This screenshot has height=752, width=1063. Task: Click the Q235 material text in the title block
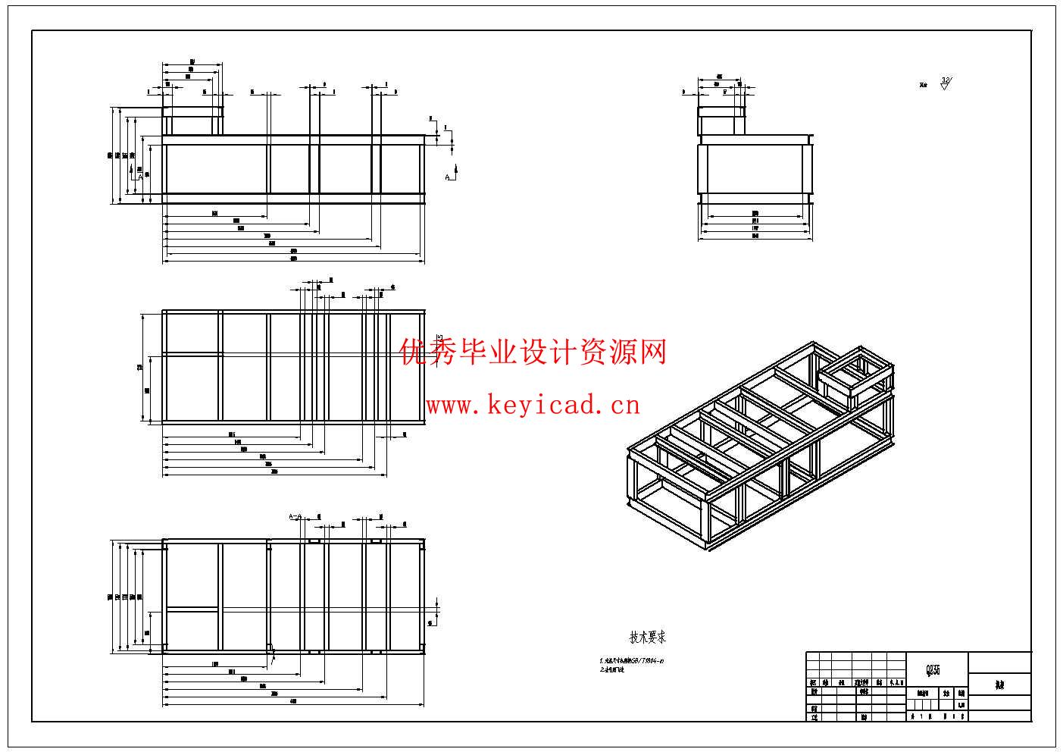click(933, 670)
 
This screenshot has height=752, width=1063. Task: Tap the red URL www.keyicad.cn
click(533, 406)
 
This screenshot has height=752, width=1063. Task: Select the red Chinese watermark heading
click(533, 352)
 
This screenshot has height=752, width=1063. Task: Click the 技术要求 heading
click(648, 638)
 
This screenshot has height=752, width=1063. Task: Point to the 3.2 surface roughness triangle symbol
click(945, 83)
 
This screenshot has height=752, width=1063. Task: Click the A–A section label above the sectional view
click(295, 517)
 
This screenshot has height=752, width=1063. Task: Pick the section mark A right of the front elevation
click(449, 177)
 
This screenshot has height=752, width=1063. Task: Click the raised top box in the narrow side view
click(721, 121)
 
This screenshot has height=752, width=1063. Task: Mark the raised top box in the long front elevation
click(193, 121)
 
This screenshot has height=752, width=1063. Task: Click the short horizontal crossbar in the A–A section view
click(193, 608)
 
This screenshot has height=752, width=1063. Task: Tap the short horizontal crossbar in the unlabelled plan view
click(193, 354)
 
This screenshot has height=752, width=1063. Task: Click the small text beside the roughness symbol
click(924, 86)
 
